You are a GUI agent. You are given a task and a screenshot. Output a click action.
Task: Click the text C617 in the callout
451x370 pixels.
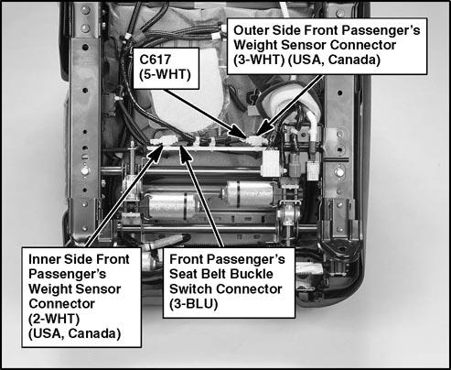[x=155, y=60]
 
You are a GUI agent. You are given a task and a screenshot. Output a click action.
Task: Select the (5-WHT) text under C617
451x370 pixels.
[x=165, y=74]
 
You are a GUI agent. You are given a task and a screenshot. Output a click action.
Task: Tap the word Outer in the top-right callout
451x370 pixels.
[x=251, y=30]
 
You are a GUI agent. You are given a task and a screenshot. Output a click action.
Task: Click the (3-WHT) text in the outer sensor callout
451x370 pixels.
[x=259, y=60]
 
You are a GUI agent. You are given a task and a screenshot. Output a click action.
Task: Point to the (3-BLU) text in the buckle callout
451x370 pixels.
[x=193, y=303]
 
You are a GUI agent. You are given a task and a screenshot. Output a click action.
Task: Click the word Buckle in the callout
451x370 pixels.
[x=252, y=274]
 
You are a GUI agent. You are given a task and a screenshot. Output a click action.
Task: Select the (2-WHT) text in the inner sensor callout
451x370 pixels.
[x=54, y=319]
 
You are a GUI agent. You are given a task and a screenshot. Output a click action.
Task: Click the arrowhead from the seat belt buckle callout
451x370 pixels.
[x=184, y=153]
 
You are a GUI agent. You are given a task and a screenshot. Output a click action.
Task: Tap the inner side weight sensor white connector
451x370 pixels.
[x=163, y=141]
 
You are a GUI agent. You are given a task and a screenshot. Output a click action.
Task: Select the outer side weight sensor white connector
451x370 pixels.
[x=257, y=140]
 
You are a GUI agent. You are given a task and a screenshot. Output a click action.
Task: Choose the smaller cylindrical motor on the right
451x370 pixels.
[x=250, y=192]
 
